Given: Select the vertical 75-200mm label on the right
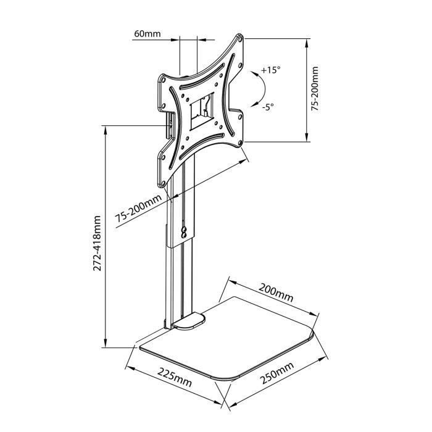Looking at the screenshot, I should [x=315, y=89].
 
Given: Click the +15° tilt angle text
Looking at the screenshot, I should [x=270, y=70].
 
